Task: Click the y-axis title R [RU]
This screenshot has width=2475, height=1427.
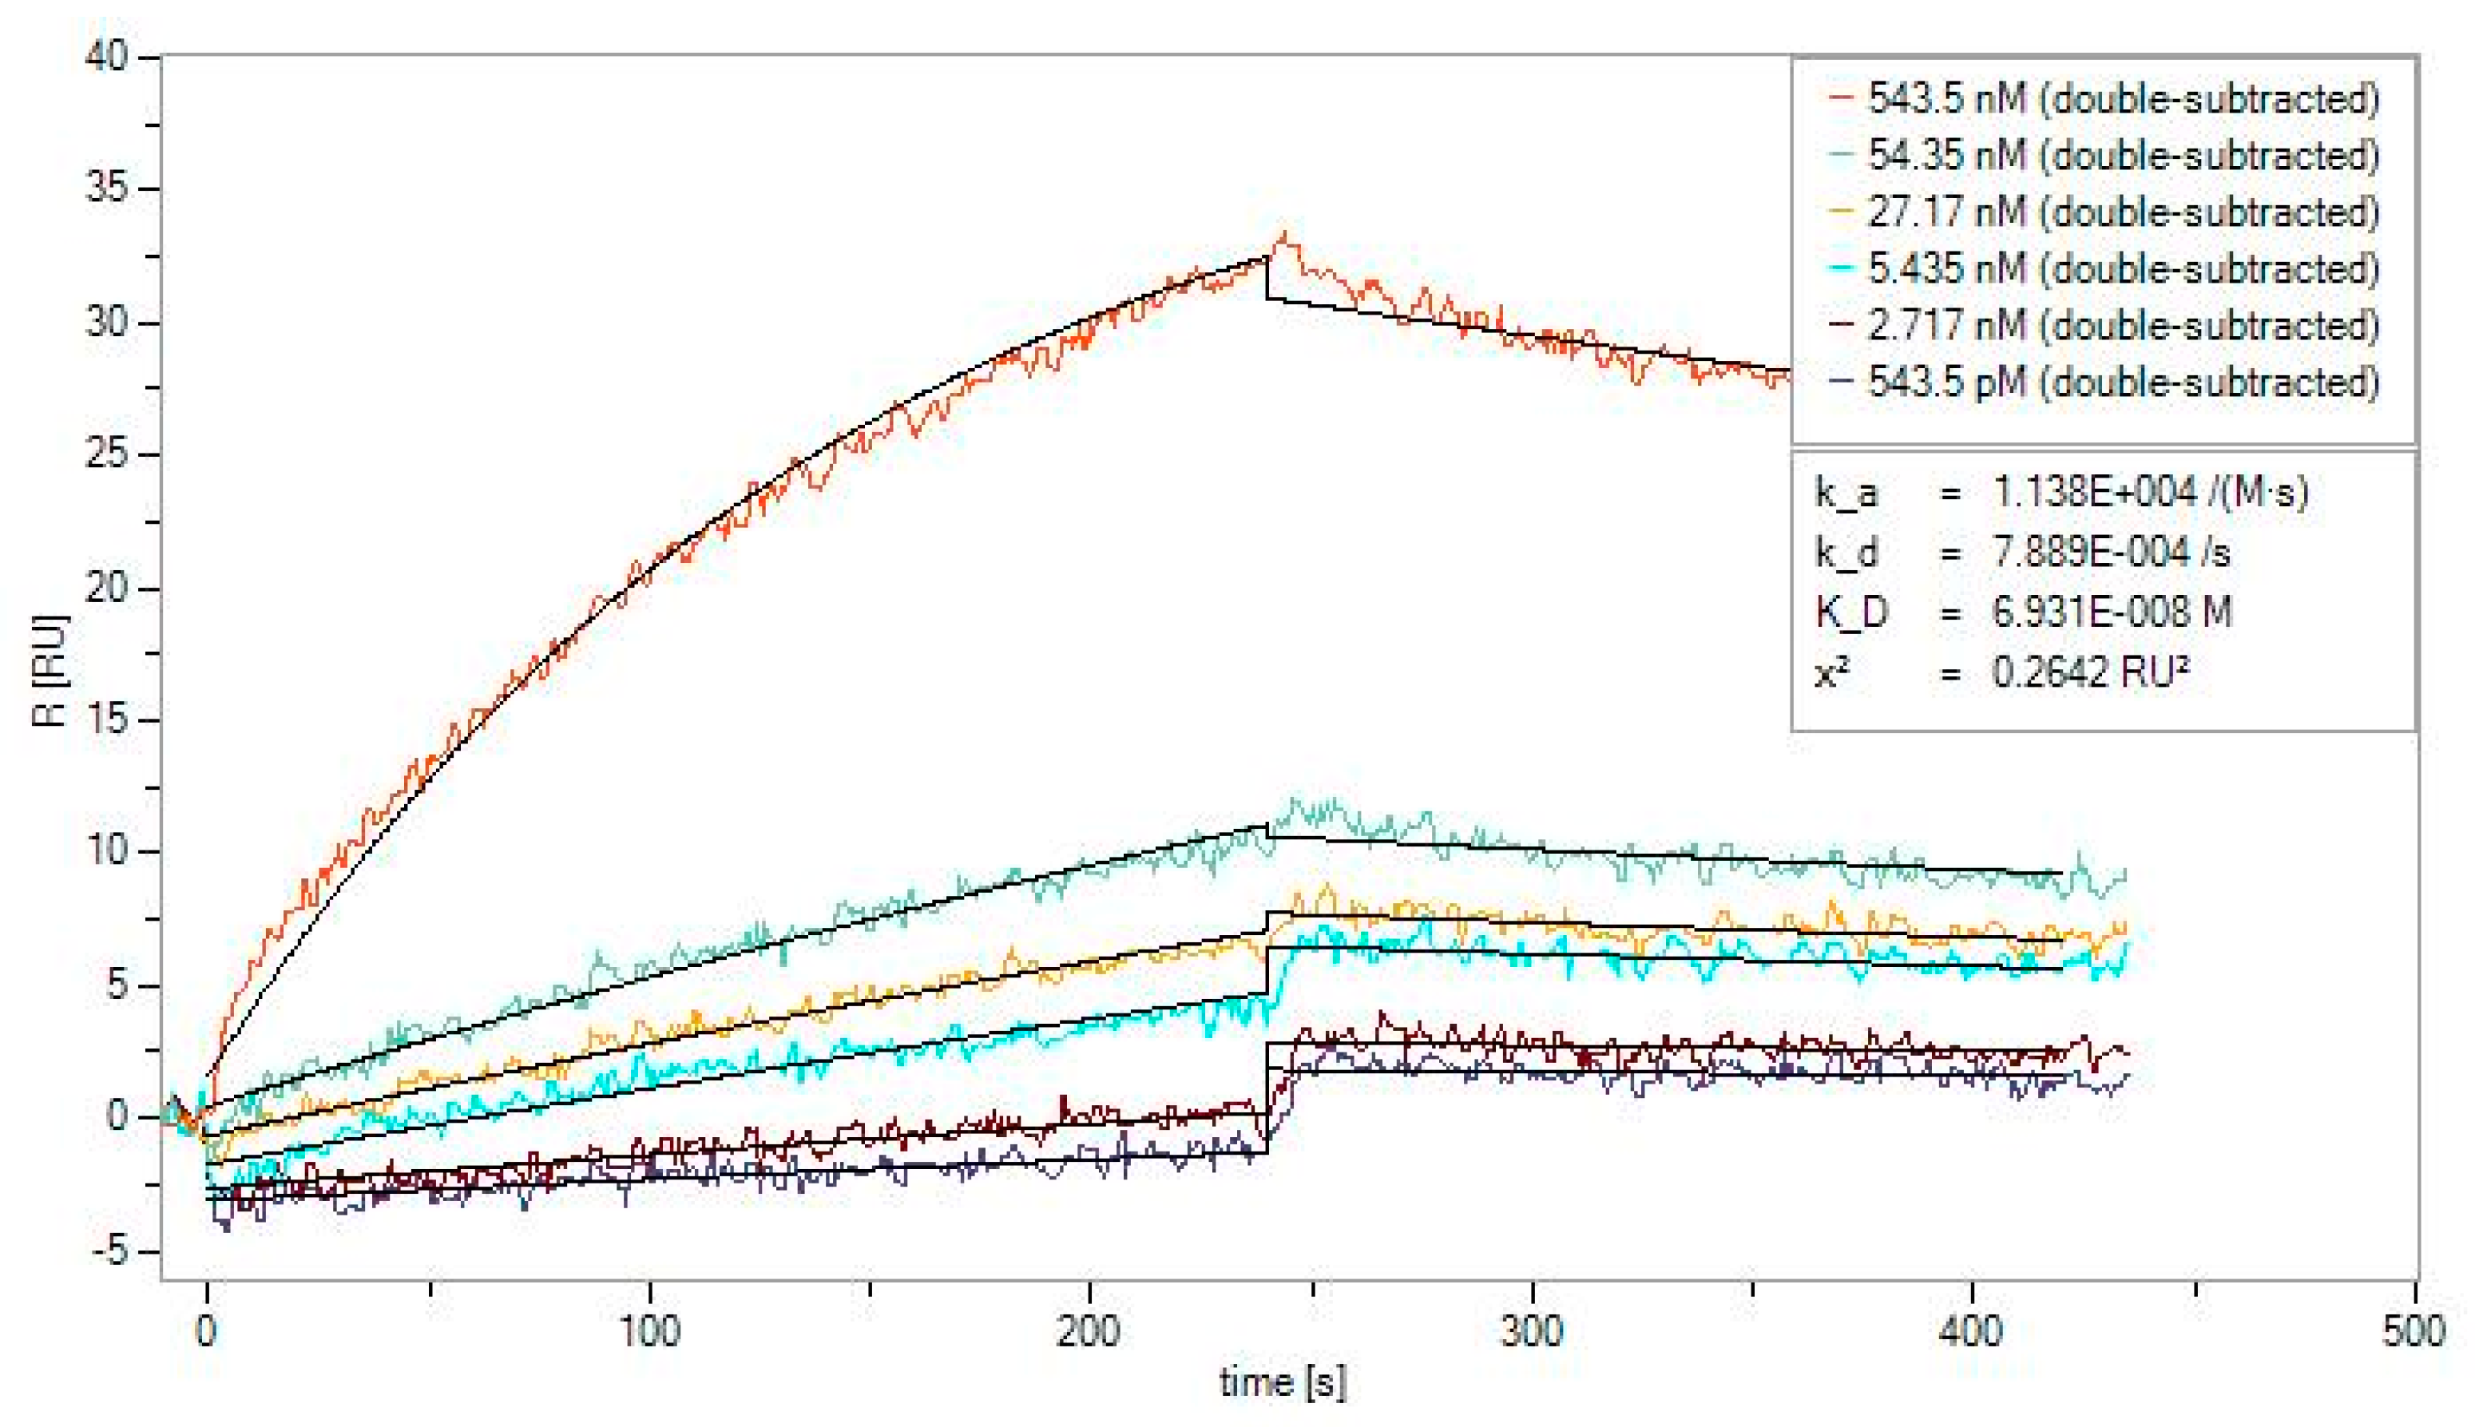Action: point(49,672)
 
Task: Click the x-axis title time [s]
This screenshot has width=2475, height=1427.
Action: point(1282,1383)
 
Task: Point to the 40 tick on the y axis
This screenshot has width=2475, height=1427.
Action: point(106,57)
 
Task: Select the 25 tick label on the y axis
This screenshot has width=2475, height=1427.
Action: point(106,454)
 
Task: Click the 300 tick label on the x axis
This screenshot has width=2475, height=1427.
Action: point(1532,1331)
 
